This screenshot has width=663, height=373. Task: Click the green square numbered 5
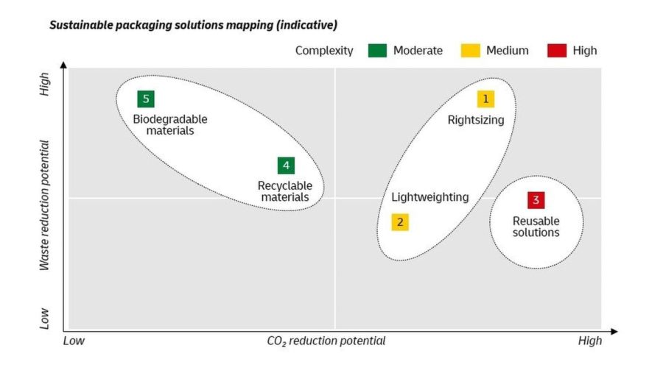pyautogui.click(x=146, y=99)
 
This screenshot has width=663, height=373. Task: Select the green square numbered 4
pyautogui.click(x=286, y=166)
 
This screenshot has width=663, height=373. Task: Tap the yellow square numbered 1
pyautogui.click(x=485, y=99)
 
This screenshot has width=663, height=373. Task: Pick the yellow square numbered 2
pyautogui.click(x=400, y=222)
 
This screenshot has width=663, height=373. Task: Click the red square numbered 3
pyautogui.click(x=536, y=200)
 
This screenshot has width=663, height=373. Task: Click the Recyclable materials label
pyautogui.click(x=285, y=192)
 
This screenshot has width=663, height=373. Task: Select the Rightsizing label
pyautogui.click(x=476, y=120)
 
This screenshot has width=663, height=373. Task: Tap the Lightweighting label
pyautogui.click(x=429, y=197)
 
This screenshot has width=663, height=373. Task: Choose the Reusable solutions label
pyautogui.click(x=536, y=227)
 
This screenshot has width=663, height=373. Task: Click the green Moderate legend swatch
pyautogui.click(x=376, y=50)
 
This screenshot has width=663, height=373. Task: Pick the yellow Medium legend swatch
pyautogui.click(x=469, y=50)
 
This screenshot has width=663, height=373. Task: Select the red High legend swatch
pyautogui.click(x=556, y=50)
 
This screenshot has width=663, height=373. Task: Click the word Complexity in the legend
pyautogui.click(x=324, y=51)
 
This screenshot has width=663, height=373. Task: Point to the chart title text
pyautogui.click(x=193, y=25)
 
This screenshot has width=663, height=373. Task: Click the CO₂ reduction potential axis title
pyautogui.click(x=326, y=341)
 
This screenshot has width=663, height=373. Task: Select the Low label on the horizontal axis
pyautogui.click(x=74, y=341)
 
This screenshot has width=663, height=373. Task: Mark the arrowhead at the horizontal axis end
pyautogui.click(x=613, y=331)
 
